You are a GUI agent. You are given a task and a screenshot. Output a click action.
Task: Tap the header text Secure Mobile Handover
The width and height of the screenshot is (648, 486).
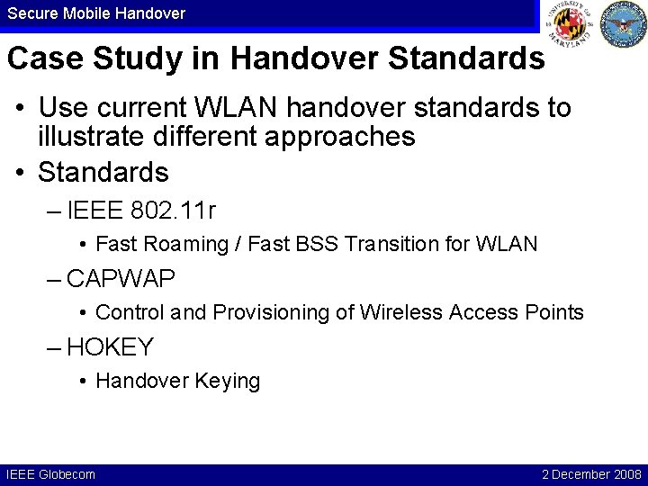(x=96, y=13)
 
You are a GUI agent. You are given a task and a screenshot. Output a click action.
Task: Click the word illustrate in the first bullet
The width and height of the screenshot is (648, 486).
(x=90, y=137)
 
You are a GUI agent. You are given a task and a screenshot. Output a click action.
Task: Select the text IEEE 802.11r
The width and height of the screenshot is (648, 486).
(x=141, y=211)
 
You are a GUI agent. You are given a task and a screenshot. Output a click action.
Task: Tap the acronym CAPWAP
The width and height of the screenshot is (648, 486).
(x=121, y=279)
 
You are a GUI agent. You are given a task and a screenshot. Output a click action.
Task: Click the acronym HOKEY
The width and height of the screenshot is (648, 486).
(x=110, y=347)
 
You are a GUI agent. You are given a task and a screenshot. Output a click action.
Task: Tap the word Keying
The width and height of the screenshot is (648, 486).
(x=226, y=381)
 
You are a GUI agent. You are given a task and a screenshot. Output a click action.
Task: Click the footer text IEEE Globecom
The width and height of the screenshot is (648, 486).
(x=50, y=473)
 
